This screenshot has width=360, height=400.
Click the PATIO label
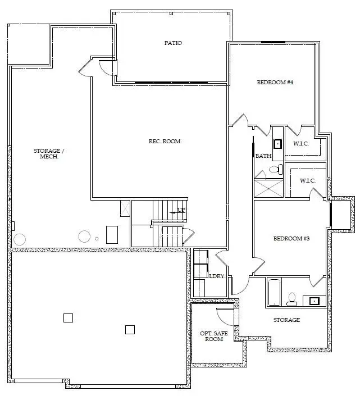coord(173,43)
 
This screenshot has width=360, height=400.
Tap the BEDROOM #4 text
coord(275,83)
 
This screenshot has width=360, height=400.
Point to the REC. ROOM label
coord(161,141)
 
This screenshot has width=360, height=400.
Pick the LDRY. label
coord(217,276)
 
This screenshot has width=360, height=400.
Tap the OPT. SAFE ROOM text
coord(215,336)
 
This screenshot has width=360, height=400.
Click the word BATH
coord(263,156)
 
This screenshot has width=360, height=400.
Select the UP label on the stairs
coord(181,211)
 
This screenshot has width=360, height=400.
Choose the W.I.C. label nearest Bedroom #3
coord(307,180)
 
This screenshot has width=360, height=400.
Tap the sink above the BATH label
coord(277,143)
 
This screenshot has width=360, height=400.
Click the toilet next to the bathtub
coord(292,299)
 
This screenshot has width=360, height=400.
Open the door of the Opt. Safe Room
coord(225,316)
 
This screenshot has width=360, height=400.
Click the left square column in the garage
coord(68,317)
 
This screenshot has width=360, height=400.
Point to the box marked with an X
coord(125,208)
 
